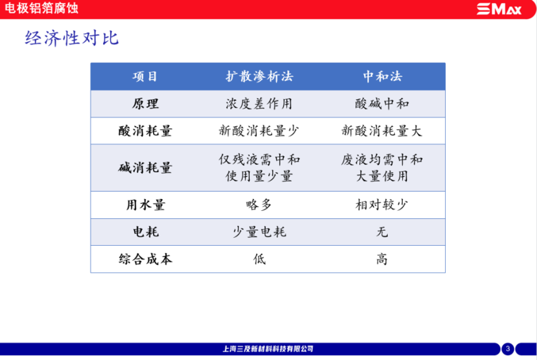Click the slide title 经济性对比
pyautogui.click(x=72, y=38)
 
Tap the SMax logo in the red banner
pyautogui.click(x=499, y=9)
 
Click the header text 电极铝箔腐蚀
pyautogui.click(x=41, y=8)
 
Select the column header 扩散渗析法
pyautogui.click(x=259, y=76)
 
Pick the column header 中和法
pyautogui.click(x=382, y=76)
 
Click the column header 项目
pyautogui.click(x=145, y=76)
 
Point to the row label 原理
pyautogui.click(x=145, y=104)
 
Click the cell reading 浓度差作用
pyautogui.click(x=259, y=104)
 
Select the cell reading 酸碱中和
pyautogui.click(x=382, y=104)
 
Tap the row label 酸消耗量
pyautogui.click(x=145, y=131)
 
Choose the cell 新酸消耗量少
pyautogui.click(x=259, y=131)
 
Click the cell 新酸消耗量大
pyautogui.click(x=382, y=131)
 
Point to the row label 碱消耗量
pyautogui.click(x=145, y=168)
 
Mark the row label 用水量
pyautogui.click(x=145, y=205)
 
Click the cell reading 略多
pyautogui.click(x=259, y=205)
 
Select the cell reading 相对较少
pyautogui.click(x=382, y=205)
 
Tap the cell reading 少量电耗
pyautogui.click(x=259, y=232)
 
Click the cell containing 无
pyautogui.click(x=382, y=232)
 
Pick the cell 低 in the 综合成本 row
pyautogui.click(x=259, y=259)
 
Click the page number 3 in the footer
pyautogui.click(x=508, y=349)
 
